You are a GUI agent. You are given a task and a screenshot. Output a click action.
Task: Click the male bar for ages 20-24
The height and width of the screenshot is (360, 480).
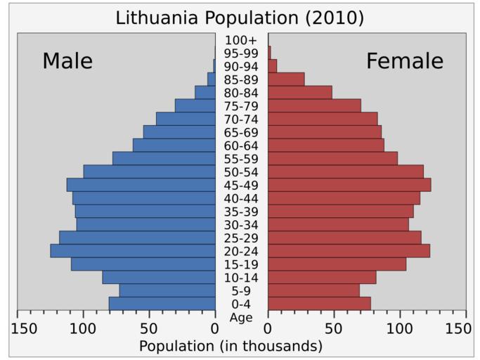pos(133,251)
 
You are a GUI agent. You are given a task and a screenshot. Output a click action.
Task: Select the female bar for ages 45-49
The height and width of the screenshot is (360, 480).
pos(349,185)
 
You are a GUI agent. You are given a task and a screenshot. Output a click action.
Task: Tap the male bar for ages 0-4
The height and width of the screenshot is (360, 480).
pos(162,304)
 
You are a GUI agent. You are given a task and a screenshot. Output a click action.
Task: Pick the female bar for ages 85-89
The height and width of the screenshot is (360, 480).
pos(286,79)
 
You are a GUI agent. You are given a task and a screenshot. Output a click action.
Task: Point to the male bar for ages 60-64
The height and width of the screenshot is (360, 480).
pos(174,145)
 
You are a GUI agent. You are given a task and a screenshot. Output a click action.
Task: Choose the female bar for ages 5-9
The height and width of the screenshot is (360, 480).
pos(313,290)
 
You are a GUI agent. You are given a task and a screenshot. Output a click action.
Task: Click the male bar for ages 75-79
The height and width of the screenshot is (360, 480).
pos(195,105)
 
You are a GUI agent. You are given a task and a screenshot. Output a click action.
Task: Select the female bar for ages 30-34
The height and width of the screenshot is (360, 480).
pos(338,224)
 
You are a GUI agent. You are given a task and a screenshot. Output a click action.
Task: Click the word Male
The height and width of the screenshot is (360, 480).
pos(67,61)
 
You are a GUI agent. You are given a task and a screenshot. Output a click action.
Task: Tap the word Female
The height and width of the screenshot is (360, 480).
pos(405,61)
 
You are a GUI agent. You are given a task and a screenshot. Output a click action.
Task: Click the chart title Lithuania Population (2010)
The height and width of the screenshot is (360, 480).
pos(240,18)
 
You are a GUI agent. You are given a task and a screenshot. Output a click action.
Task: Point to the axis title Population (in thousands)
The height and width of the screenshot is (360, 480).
pos(231,346)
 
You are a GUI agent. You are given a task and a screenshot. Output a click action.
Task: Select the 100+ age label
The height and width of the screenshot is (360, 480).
pos(241,40)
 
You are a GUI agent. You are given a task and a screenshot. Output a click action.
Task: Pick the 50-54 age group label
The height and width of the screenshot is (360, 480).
pos(241,172)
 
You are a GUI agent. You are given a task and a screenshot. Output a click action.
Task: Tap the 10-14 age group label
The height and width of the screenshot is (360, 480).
pos(241,278)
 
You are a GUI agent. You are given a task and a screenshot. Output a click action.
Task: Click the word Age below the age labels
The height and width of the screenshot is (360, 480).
pos(241,317)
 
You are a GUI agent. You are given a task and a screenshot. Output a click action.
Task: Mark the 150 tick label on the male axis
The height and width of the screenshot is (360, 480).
pos(24,328)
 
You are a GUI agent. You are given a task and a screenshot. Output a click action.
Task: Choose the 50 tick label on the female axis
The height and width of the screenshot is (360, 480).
pos(334,328)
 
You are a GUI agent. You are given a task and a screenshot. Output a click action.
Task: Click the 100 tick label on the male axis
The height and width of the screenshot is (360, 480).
pos(83,328)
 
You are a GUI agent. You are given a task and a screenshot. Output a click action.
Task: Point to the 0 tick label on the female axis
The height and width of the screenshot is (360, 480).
pos(268,328)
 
